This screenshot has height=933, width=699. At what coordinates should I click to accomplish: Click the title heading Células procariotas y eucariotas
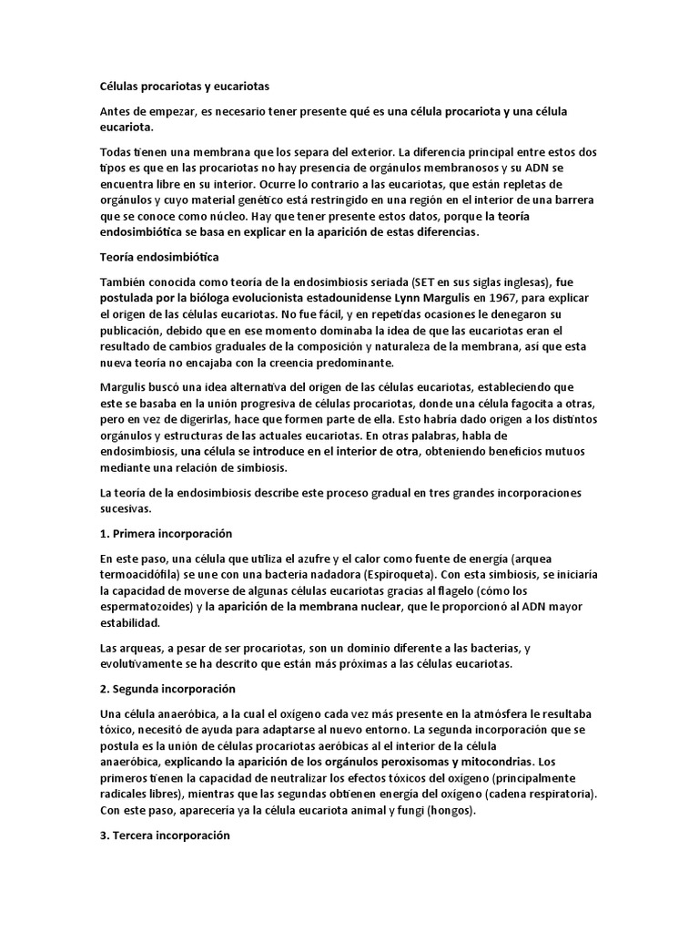185,86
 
